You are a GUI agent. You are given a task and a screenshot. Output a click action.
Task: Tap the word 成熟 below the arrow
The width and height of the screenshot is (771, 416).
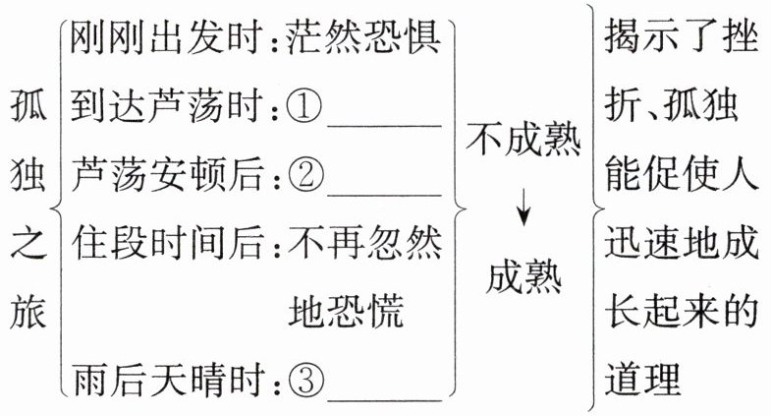(x=524, y=279)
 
